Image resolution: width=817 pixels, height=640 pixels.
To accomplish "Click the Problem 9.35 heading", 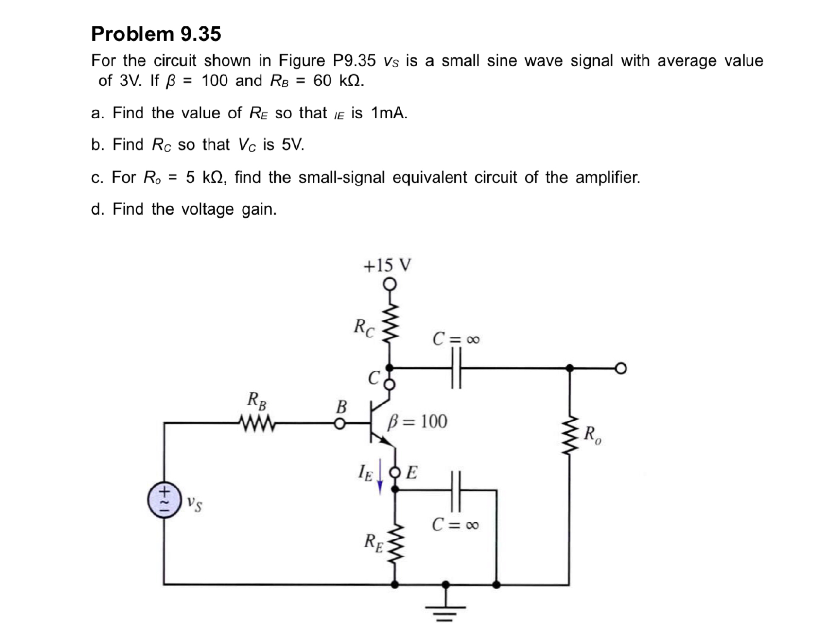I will click(x=156, y=34).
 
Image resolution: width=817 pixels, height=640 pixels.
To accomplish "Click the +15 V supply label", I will click(x=387, y=265).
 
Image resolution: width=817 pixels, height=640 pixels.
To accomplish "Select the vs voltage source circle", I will click(x=165, y=500).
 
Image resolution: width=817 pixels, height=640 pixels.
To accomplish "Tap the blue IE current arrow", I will click(x=380, y=482).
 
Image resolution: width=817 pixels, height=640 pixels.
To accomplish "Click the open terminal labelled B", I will click(x=340, y=424).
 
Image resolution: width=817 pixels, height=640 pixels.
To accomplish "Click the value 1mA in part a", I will click(x=389, y=113).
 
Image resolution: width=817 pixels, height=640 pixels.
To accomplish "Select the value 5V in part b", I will click(x=293, y=145).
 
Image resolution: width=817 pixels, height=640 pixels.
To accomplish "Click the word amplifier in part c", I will click(x=608, y=177).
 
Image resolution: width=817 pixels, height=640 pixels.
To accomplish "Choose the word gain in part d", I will click(x=259, y=209).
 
